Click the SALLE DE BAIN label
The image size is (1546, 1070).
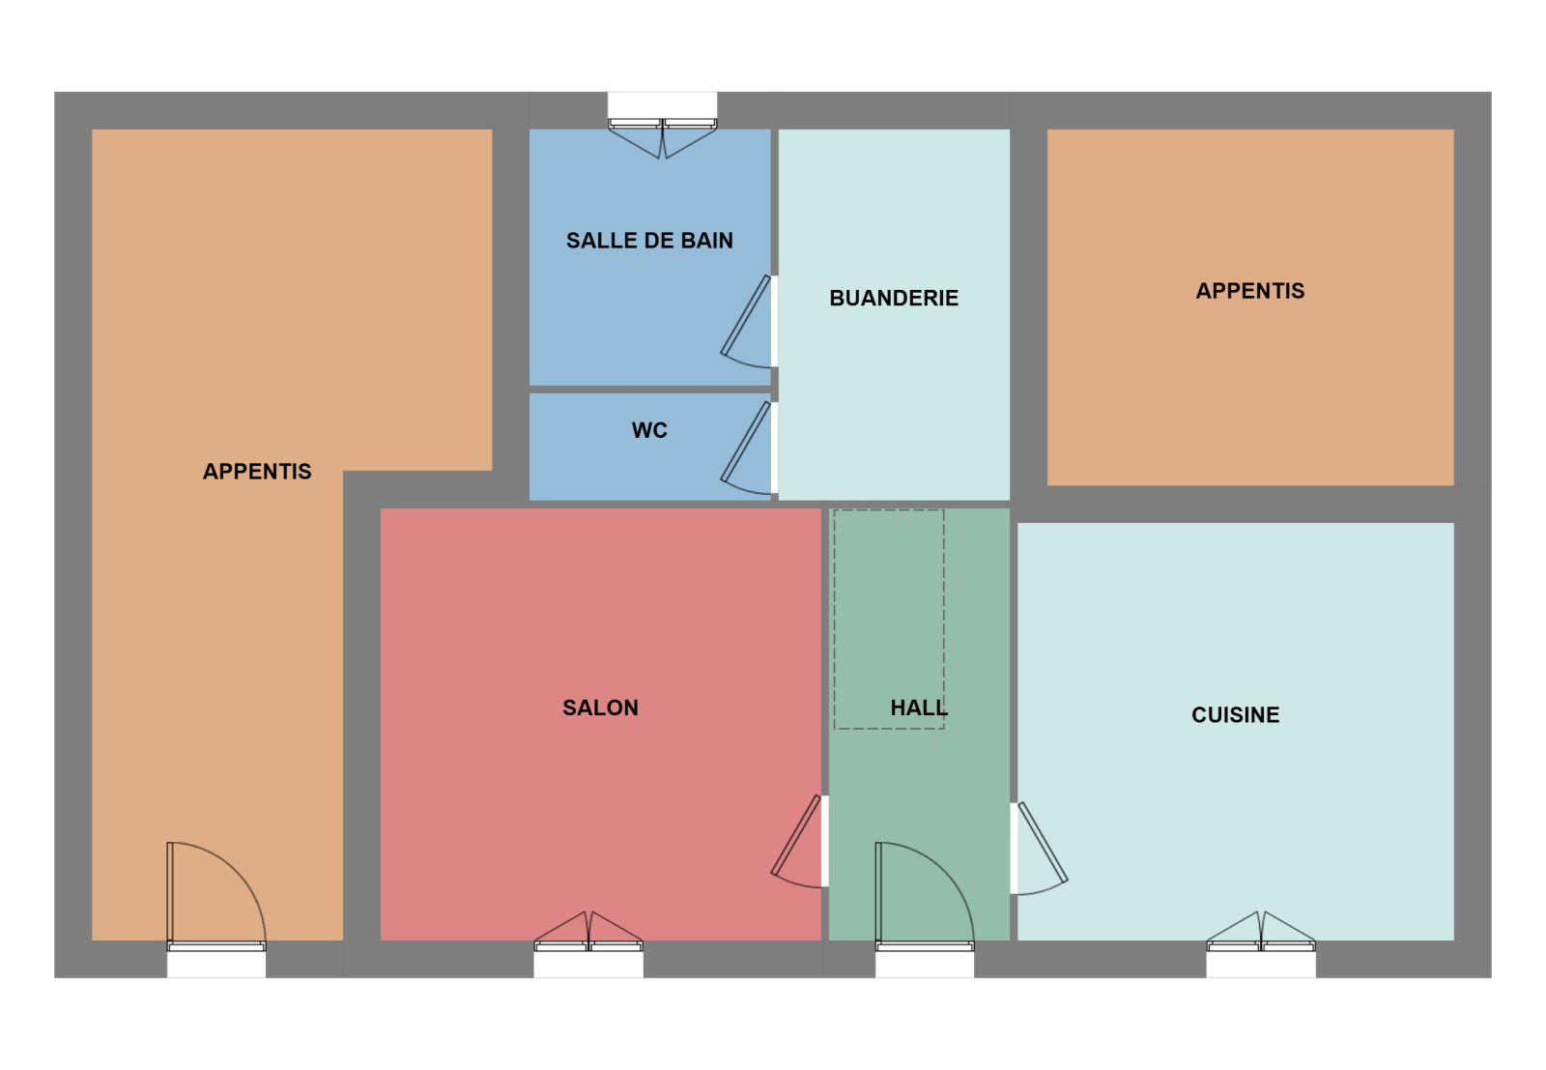[x=649, y=241]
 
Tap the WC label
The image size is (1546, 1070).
[x=649, y=430]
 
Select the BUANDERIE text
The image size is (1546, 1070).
[x=894, y=298]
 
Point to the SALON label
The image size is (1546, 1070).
[x=600, y=708]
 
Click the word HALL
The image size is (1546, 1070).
[x=919, y=708]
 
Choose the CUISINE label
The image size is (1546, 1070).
[x=1236, y=714]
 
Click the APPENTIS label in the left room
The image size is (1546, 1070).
[x=257, y=472]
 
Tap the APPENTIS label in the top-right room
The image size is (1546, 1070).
[x=1250, y=291]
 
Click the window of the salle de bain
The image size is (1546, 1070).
[x=663, y=125]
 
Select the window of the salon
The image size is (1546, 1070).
[x=588, y=945]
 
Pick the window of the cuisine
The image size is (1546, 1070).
[x=1261, y=945]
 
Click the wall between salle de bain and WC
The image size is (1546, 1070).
[x=649, y=390]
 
